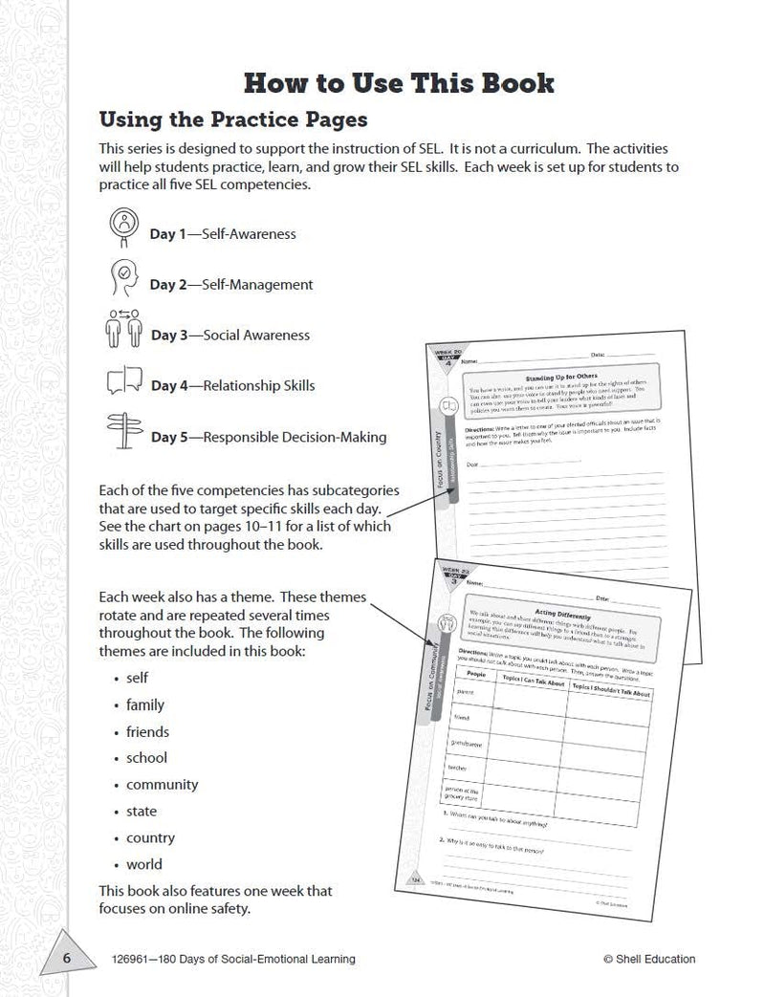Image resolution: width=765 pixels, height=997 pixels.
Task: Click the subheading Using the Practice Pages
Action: point(233,120)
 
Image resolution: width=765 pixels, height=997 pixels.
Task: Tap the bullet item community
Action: point(162,784)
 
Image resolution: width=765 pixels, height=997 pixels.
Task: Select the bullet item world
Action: point(144,864)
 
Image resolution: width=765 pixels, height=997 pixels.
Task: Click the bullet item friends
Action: point(147,731)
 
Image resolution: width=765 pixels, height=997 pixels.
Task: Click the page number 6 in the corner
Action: point(67,960)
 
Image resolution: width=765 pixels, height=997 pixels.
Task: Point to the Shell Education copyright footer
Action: point(649,959)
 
